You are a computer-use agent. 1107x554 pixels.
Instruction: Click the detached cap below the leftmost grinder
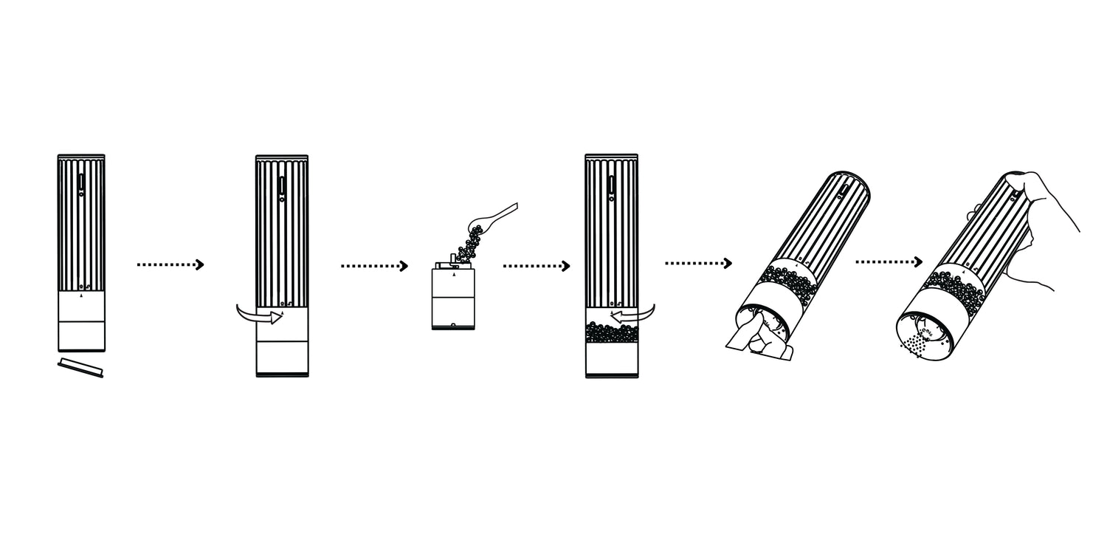click(x=80, y=367)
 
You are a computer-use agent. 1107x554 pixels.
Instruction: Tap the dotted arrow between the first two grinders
click(x=170, y=264)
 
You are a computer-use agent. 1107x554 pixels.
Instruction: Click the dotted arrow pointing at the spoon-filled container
click(x=374, y=265)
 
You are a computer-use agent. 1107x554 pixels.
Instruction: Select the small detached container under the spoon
click(x=453, y=299)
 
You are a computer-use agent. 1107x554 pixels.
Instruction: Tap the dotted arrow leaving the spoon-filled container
click(x=537, y=265)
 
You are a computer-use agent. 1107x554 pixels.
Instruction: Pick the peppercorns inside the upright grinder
click(x=612, y=333)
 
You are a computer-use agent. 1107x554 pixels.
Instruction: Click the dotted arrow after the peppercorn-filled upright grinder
click(x=698, y=263)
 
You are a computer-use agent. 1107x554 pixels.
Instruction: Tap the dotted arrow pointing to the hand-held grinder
click(x=889, y=261)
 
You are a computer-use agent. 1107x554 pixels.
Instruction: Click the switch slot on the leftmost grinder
click(x=80, y=182)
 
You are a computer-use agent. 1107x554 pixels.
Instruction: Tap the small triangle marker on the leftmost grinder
click(x=80, y=295)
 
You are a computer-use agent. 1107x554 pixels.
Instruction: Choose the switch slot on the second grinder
click(x=281, y=184)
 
